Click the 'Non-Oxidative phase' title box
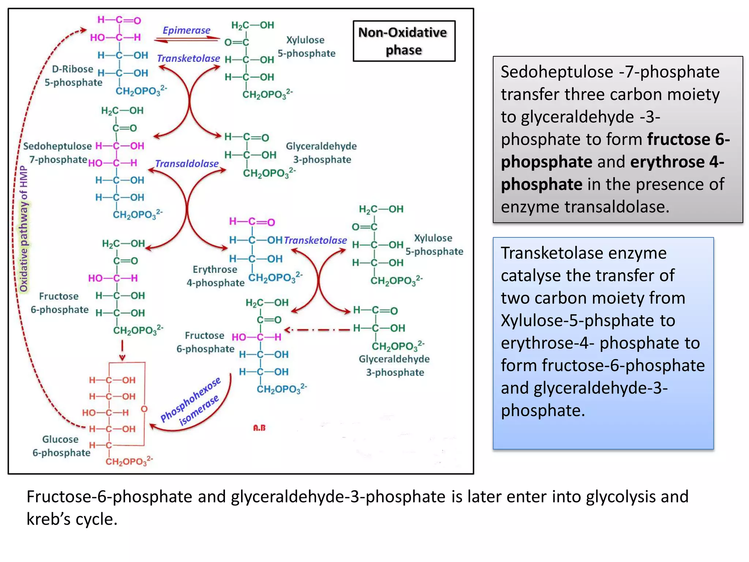tap(404, 41)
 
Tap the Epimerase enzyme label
tap(187, 30)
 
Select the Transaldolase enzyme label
tap(187, 164)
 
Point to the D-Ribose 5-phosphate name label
tap(73, 76)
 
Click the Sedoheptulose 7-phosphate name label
tap(58, 153)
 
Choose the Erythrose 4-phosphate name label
tap(215, 276)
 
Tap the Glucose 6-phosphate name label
tap(61, 446)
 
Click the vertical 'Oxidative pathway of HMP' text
tap(24, 229)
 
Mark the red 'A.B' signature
tap(259, 428)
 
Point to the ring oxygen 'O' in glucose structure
tap(144, 409)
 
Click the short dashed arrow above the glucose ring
tap(122, 350)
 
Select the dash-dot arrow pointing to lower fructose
tap(317, 330)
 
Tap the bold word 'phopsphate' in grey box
tap(546, 162)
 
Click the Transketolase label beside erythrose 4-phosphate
tap(315, 240)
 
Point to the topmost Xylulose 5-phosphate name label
tap(306, 46)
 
